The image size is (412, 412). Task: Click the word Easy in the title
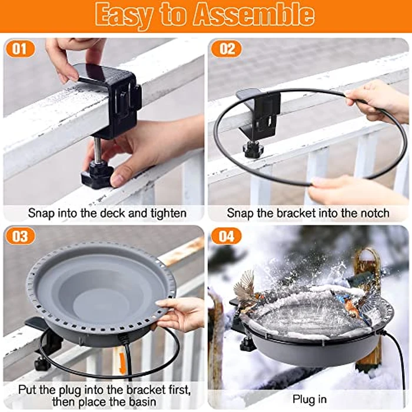tap(128, 15)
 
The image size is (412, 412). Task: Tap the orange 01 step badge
tap(20, 48)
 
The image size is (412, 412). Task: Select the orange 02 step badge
tap(227, 48)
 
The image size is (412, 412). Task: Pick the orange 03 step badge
tap(20, 236)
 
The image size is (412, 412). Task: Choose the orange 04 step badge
tap(227, 236)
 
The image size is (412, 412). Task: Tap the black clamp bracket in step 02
tap(261, 112)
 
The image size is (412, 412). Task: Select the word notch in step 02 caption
tap(374, 213)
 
